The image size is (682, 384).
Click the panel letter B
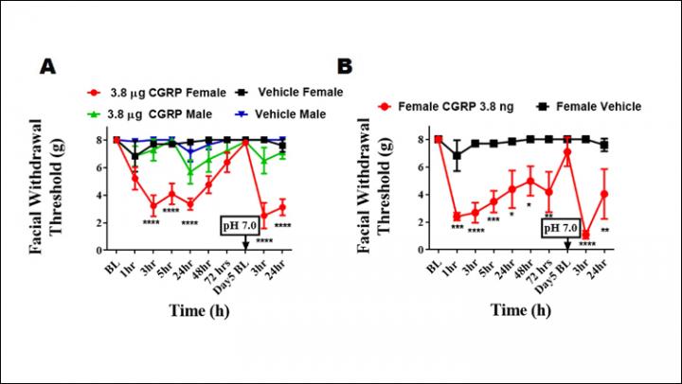coord(345,66)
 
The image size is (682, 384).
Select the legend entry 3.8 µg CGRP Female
coord(156,93)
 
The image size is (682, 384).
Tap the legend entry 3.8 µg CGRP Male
coord(150,114)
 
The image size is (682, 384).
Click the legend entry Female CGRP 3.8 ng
coord(446,107)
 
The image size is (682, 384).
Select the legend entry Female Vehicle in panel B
coord(587,107)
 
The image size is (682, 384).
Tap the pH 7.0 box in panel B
coord(561,228)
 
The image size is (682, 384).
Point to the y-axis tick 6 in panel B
coord(422,167)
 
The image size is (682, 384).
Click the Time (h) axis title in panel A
coord(199,310)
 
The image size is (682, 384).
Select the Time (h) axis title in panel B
coord(521,310)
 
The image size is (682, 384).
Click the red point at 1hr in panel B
coord(457,216)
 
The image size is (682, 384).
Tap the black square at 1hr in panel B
coord(457,155)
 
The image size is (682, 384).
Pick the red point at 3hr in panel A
coord(153,205)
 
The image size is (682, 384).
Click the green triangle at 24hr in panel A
coord(190,172)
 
